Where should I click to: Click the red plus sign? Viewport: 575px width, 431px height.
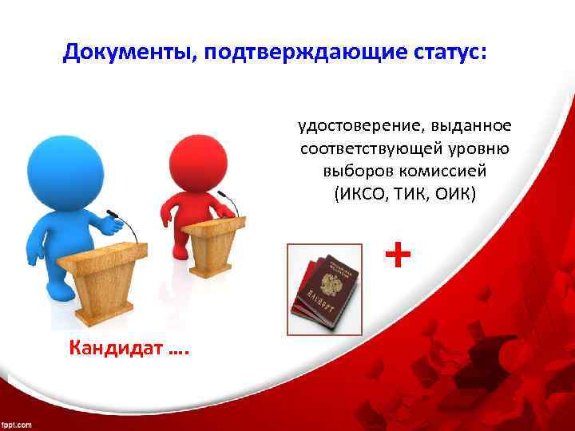398,255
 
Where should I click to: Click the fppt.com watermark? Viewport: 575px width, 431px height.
17,424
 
